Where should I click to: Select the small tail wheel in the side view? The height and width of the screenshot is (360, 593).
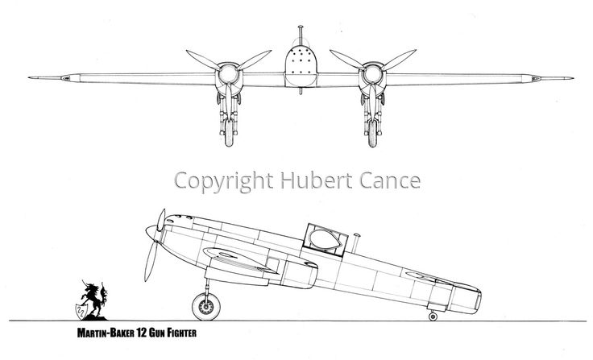(434, 315)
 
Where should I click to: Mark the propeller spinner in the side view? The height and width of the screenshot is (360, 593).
(151, 234)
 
